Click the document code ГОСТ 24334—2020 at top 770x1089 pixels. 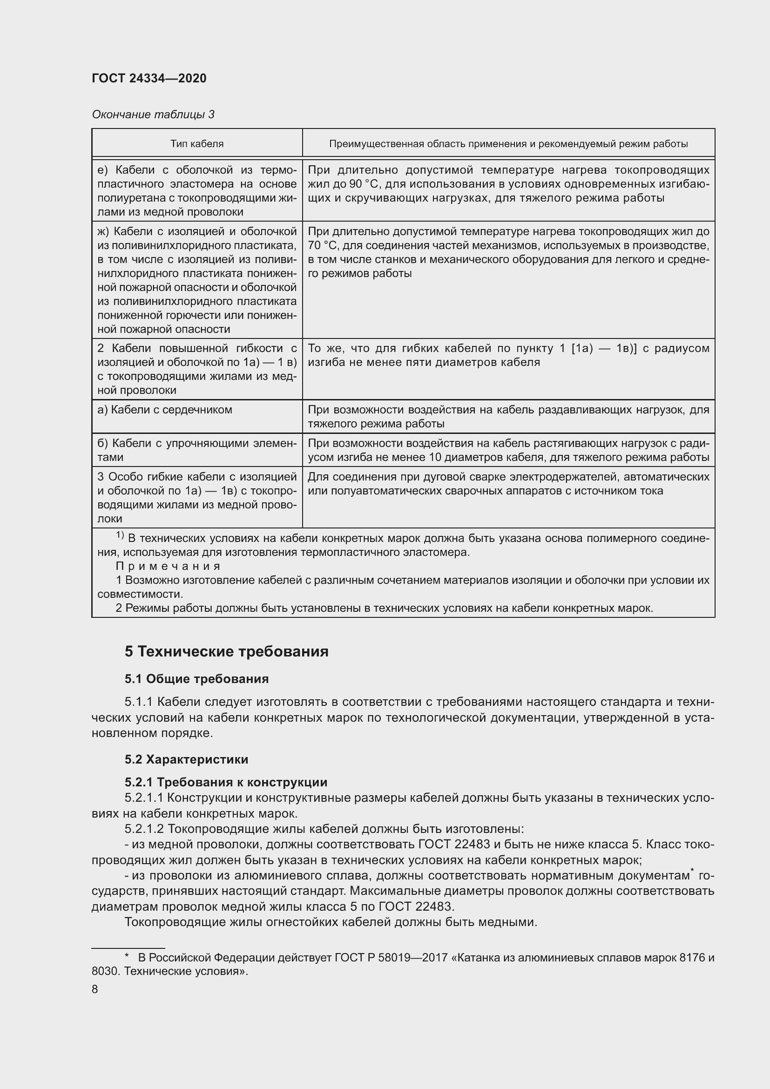coord(149,78)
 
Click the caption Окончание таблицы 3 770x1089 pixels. coord(153,115)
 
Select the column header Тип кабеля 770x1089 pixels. coord(197,144)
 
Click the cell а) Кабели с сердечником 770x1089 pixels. coord(164,410)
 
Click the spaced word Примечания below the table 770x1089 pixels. coord(168,566)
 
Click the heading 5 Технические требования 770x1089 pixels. coord(226,651)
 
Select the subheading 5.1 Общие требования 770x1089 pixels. coord(196,679)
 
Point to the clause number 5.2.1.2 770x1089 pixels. coord(144,829)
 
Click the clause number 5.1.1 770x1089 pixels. coord(138,702)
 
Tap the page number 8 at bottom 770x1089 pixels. coord(95,989)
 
